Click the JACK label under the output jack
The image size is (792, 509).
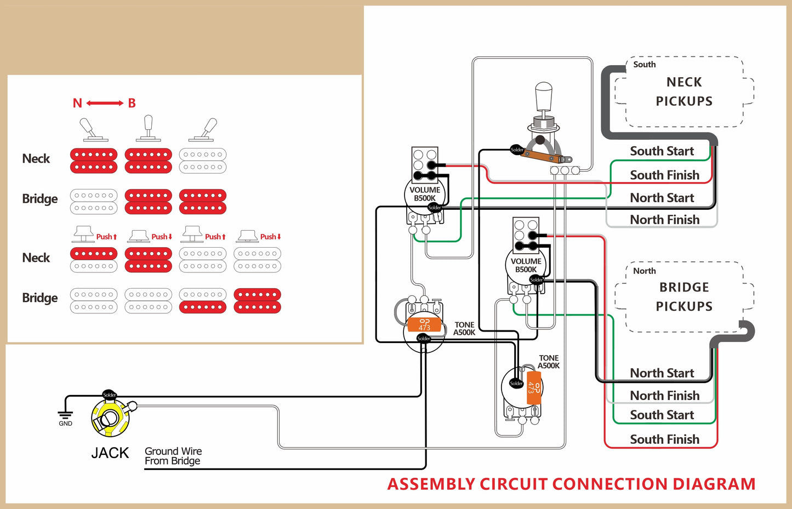click(110, 453)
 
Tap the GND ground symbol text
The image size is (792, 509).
click(65, 424)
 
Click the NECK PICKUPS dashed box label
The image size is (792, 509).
click(684, 91)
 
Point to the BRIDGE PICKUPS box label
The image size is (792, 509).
click(684, 297)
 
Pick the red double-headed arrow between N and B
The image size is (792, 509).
click(105, 103)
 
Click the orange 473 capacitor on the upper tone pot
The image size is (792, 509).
click(424, 325)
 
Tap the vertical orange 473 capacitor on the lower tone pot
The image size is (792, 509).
click(534, 388)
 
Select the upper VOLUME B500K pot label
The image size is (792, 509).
click(425, 194)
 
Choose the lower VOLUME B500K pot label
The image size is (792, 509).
click(526, 265)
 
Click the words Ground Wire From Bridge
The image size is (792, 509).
click(173, 456)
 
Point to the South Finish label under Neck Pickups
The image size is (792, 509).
click(664, 175)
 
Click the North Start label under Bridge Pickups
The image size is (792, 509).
click(662, 373)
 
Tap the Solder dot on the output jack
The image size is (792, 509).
click(110, 394)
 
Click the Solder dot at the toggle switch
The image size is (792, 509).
click(517, 150)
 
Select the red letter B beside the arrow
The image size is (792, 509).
click(132, 103)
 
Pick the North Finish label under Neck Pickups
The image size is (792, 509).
click(664, 220)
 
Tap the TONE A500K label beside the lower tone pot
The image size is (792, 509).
click(549, 362)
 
